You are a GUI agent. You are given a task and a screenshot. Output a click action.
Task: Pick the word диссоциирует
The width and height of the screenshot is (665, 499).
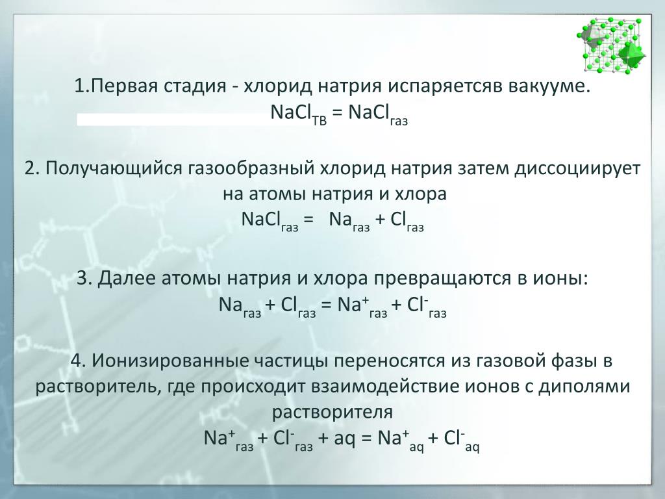click(577, 169)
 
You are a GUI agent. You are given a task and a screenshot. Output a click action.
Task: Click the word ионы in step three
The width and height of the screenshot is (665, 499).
click(566, 279)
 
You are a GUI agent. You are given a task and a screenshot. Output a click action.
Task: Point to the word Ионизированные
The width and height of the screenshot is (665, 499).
click(171, 361)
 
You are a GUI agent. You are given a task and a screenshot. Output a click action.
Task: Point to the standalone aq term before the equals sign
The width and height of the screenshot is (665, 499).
click(344, 439)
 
